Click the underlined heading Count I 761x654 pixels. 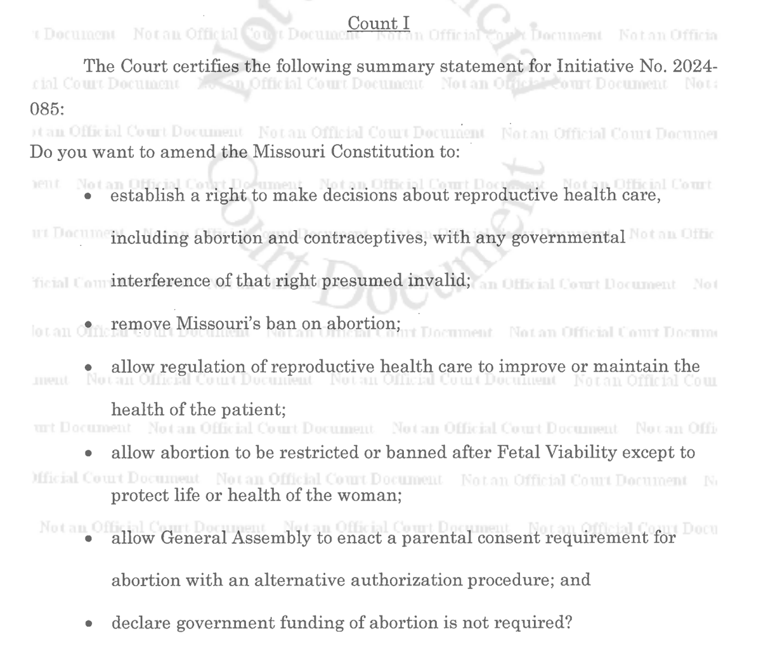[379, 23]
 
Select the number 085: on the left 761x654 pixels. [48, 109]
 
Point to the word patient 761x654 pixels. [252, 410]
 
